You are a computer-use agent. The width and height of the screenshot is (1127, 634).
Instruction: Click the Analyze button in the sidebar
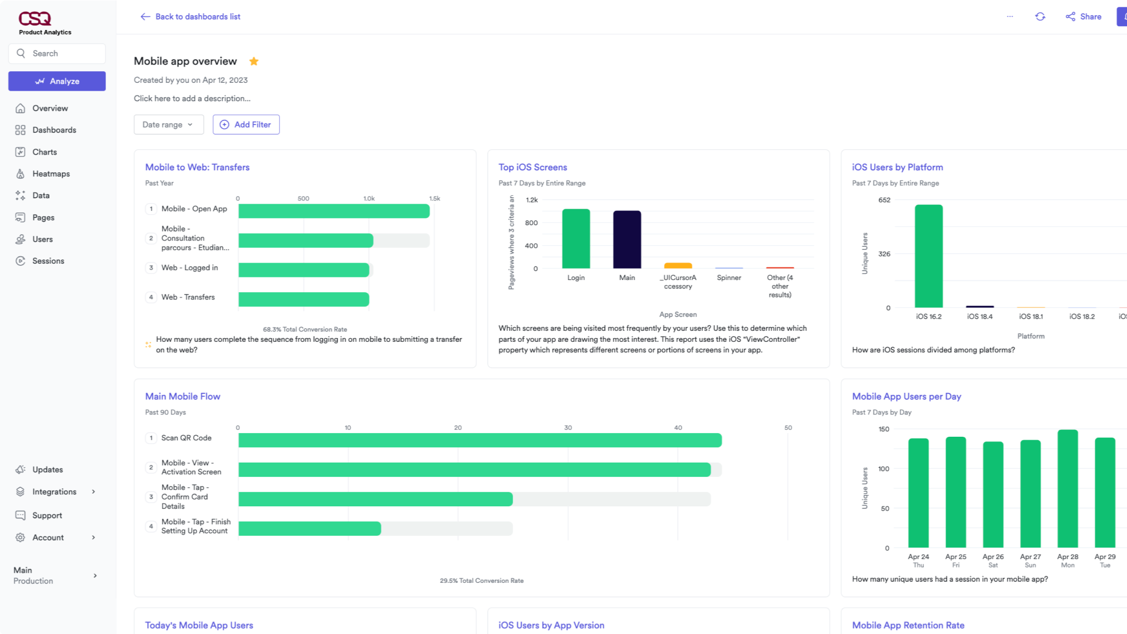pos(57,81)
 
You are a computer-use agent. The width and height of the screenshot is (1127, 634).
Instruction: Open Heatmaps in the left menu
pos(51,174)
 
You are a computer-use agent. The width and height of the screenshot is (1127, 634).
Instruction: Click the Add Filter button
pos(246,124)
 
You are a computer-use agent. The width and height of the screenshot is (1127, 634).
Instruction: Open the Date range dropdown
pos(168,124)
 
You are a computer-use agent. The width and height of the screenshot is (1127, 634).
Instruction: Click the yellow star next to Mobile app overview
pos(254,61)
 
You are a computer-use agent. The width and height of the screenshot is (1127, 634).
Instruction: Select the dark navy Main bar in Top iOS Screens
pos(627,239)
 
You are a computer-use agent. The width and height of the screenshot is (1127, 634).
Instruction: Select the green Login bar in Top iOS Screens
pos(576,238)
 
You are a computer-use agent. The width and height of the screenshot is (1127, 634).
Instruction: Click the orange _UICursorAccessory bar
pos(678,265)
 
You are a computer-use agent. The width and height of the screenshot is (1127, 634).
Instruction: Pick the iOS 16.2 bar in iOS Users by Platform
pos(928,256)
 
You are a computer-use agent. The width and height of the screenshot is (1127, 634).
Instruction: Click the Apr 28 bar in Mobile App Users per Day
pos(1067,488)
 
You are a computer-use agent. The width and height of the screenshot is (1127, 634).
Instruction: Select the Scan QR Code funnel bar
pos(479,440)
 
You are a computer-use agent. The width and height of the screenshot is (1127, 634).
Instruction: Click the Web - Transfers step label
pos(188,297)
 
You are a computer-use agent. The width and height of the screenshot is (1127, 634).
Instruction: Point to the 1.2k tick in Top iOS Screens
pos(532,200)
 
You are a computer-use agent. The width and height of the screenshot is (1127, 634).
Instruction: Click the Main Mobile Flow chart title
pos(182,397)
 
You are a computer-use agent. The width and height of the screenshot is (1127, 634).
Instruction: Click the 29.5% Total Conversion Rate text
pos(481,581)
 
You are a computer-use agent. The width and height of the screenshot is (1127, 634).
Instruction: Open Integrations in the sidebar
pos(54,492)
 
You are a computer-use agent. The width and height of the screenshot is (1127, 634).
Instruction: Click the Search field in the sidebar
pos(57,53)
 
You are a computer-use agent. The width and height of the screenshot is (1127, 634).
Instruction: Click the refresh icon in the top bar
pos(1040,17)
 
